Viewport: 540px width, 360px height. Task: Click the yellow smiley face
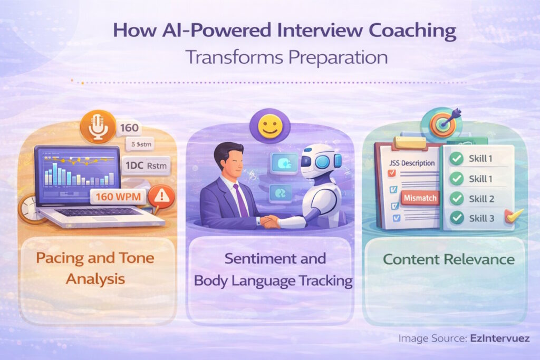tap(269, 128)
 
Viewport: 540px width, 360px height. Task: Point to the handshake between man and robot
tap(271, 221)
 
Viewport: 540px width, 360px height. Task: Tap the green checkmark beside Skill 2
tap(457, 199)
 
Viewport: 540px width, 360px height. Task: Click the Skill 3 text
tap(481, 218)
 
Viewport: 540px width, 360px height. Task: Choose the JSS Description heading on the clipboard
tap(411, 163)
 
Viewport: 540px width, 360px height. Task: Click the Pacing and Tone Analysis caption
tap(95, 268)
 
